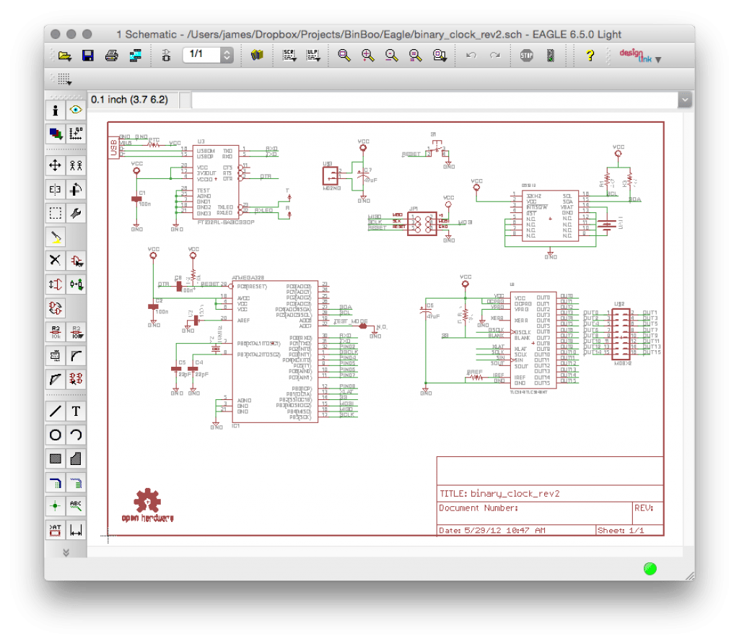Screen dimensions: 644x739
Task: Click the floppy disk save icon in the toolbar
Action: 87,56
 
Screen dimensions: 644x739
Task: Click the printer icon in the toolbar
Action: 111,56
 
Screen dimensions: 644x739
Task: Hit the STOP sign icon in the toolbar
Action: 527,56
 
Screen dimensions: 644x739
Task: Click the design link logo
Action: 634,56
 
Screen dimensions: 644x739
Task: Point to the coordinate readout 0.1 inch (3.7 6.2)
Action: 130,100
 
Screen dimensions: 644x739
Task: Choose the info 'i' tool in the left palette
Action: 56,110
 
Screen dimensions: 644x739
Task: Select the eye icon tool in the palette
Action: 76,110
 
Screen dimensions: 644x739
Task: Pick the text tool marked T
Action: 76,412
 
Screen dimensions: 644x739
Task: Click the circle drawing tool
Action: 56,435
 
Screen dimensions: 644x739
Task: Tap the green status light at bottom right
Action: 650,568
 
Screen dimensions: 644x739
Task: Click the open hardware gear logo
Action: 147,500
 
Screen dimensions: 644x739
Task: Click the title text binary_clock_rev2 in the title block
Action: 515,494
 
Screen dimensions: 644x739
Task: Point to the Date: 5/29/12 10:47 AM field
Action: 492,531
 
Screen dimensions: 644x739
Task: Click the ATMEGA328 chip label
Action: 250,277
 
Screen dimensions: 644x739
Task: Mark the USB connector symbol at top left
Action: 113,148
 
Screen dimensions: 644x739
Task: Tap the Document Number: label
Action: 478,508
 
